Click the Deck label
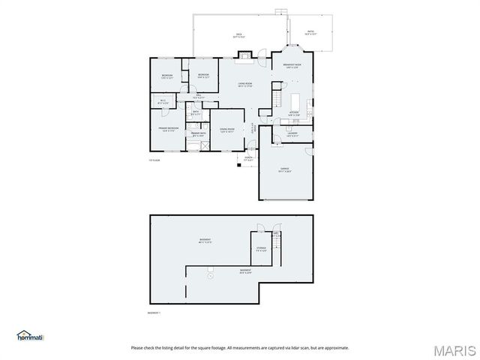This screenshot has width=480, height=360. [x=239, y=35]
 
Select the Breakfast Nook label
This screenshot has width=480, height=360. [x=292, y=66]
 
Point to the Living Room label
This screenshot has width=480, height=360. [x=244, y=84]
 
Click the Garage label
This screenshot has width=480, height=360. [x=285, y=170]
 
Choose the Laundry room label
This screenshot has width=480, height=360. [x=292, y=136]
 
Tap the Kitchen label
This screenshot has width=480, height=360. [x=294, y=114]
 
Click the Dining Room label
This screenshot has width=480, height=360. [x=226, y=130]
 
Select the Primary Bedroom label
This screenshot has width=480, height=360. [x=167, y=129]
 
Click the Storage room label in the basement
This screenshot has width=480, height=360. [x=261, y=249]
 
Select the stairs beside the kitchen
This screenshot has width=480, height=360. [x=277, y=100]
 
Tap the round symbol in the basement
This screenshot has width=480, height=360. [x=210, y=276]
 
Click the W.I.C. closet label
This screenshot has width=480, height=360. [x=163, y=102]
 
